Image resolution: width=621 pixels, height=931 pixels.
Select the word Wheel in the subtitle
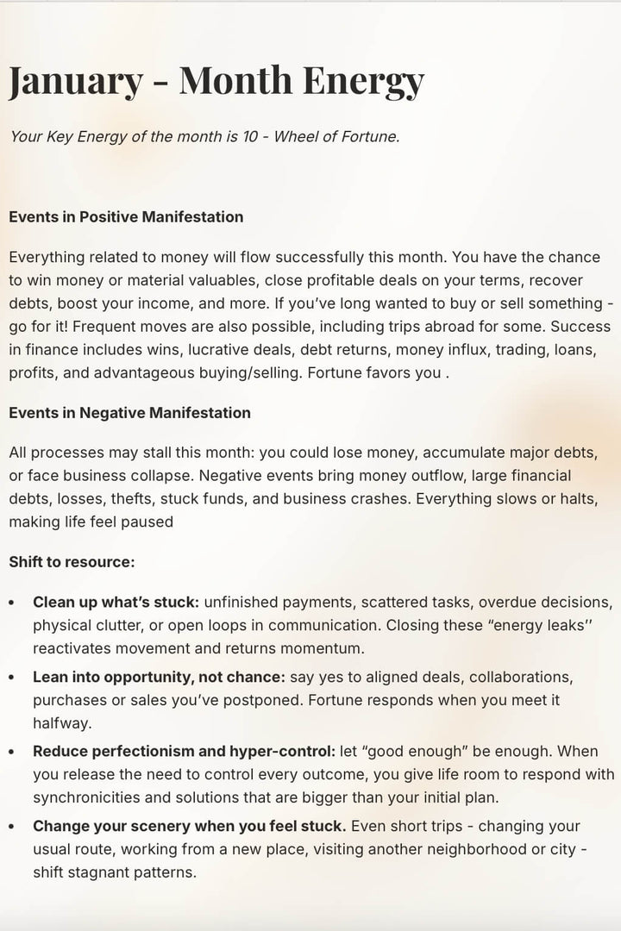[x=298, y=136]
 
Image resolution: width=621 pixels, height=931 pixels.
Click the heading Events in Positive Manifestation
[x=126, y=217]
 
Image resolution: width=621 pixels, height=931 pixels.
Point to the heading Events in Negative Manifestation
[x=129, y=413]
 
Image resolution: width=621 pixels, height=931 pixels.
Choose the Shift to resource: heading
[x=72, y=562]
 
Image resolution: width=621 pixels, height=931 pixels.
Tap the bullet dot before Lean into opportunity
[x=11, y=678]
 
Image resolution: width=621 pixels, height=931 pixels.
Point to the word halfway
[x=63, y=723]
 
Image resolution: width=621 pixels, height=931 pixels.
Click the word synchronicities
[x=91, y=797]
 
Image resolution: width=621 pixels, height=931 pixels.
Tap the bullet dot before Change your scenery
[x=11, y=828]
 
